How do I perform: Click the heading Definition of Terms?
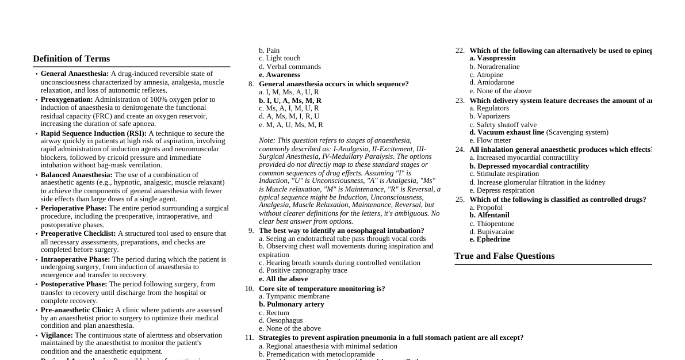pos(71,59)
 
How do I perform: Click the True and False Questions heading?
pos(504,256)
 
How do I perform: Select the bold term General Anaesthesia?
pos(74,74)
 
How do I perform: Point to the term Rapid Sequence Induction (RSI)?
pos(93,133)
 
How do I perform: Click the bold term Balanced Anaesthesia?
pos(76,175)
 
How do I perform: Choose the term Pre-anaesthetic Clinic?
pos(77,310)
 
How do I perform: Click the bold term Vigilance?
pos(56,335)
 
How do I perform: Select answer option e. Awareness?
pos(280,75)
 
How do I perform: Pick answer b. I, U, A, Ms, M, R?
pos(290,101)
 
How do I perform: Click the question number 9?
pos(251,231)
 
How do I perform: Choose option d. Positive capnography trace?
pos(303,270)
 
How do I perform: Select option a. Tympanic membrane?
pos(286,296)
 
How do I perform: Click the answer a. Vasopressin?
pos(492,58)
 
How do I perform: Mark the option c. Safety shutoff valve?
pos(503,125)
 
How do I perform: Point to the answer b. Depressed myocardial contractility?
pos(529,166)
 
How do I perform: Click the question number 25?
pos(460,200)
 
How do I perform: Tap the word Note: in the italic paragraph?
pos(266,140)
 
